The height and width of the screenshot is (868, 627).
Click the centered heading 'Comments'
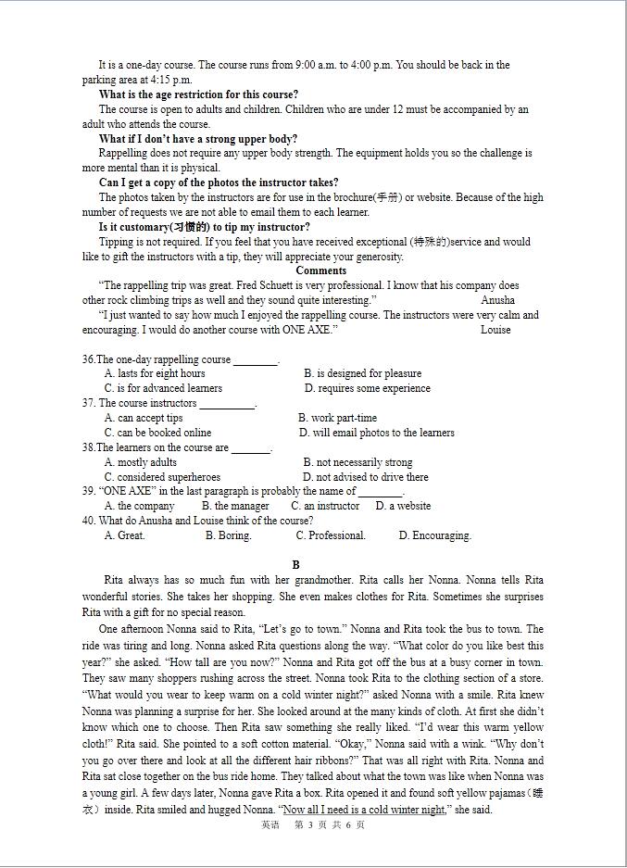[x=320, y=270]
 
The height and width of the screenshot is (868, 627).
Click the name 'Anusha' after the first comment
[x=497, y=300]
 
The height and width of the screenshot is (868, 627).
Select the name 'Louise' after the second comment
[x=495, y=330]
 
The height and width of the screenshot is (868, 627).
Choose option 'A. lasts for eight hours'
[x=155, y=373]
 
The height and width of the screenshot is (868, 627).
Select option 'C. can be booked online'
[x=157, y=433]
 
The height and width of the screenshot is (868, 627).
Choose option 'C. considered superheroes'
[x=162, y=477]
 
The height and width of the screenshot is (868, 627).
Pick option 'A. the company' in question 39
[x=139, y=506]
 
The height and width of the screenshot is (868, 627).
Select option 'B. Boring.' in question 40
[x=228, y=535]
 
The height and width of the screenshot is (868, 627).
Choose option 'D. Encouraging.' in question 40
[x=434, y=535]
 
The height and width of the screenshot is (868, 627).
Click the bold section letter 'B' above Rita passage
[x=296, y=564]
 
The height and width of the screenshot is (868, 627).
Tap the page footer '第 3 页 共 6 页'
[x=329, y=824]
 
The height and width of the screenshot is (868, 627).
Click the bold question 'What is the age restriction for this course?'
[x=198, y=94]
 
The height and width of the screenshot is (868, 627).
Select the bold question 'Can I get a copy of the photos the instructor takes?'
[x=219, y=182]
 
